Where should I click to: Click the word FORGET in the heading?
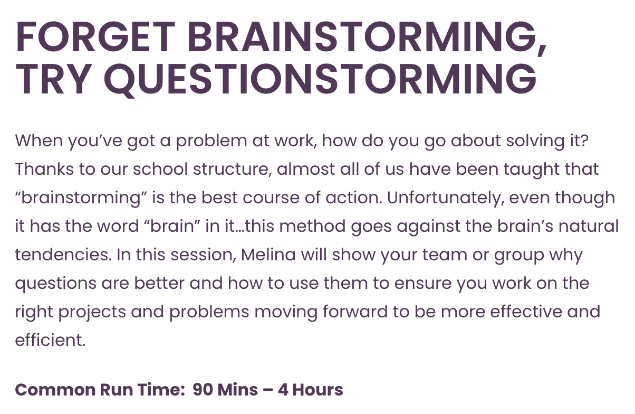tap(95, 37)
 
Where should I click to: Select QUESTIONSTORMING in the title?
tap(320, 79)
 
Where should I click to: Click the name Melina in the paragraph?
tap(268, 255)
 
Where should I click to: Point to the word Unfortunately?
tap(445, 198)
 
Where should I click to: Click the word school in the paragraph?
tap(160, 169)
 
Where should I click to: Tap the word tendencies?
tap(63, 255)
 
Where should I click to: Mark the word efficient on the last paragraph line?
tap(50, 340)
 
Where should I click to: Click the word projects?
tap(92, 312)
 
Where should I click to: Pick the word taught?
tap(532, 170)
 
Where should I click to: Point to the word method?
tap(312, 226)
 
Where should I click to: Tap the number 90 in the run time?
tap(203, 390)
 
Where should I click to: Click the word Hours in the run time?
tap(318, 390)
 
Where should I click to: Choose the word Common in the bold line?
tap(55, 390)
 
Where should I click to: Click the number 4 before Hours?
tap(283, 390)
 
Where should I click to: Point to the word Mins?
tap(237, 390)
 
